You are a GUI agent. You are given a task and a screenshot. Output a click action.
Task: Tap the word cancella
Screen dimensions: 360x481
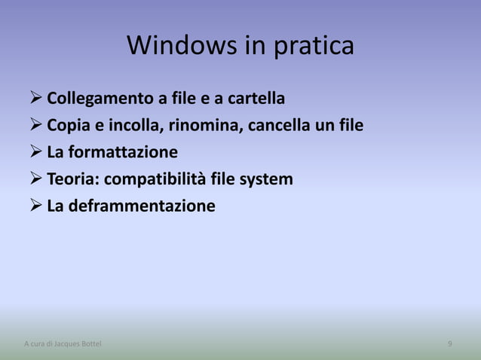280,125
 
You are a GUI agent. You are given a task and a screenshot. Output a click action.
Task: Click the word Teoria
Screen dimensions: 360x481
73,179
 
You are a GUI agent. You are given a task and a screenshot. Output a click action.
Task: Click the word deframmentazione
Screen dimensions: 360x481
142,206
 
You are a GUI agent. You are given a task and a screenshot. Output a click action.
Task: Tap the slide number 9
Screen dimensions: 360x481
450,344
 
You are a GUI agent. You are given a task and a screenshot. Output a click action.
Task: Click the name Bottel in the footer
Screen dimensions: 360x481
90,344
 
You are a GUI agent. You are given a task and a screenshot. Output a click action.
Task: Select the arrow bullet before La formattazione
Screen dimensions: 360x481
35,152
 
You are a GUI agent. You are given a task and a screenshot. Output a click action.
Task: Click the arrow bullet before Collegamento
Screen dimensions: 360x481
35,99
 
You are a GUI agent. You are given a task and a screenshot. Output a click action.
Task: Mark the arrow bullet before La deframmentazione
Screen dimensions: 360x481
35,206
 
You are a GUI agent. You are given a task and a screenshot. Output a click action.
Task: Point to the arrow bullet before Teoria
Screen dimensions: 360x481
35,179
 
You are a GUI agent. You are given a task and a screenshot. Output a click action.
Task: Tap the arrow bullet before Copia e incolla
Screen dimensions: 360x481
35,125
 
